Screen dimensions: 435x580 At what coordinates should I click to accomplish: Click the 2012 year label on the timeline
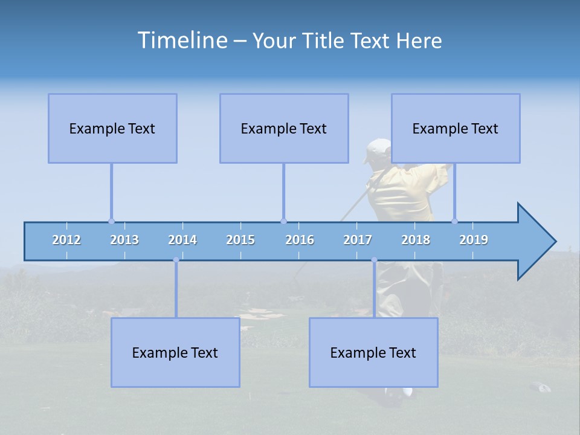pos(66,240)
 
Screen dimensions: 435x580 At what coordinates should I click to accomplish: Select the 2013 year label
pos(124,240)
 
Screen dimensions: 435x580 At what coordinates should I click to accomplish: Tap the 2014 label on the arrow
pos(182,240)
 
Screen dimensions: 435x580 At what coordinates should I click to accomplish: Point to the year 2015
pos(240,240)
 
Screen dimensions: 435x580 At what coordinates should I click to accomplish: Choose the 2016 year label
pos(300,240)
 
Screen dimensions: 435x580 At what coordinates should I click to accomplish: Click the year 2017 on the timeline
pos(358,240)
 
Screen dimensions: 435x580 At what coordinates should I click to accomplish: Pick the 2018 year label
pos(416,240)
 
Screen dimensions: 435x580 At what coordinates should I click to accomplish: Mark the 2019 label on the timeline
pos(474,240)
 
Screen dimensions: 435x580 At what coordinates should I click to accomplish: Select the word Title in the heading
pos(324,40)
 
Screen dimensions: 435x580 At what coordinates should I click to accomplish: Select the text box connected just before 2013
pos(112,128)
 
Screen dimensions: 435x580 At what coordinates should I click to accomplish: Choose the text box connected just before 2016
pos(284,128)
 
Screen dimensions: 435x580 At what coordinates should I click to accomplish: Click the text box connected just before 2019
pos(456,128)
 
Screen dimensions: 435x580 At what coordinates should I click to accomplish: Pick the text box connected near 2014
pos(175,352)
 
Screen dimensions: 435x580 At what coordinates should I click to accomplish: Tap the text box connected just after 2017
pos(373,352)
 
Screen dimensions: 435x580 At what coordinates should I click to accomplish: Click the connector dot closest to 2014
pos(176,260)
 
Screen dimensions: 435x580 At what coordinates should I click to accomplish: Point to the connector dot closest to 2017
pos(374,260)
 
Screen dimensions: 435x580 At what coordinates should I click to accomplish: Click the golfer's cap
pos(378,149)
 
